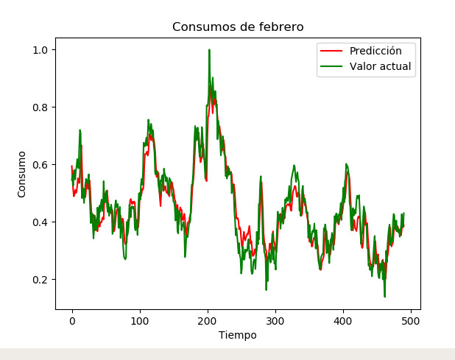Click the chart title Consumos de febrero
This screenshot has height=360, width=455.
click(x=238, y=27)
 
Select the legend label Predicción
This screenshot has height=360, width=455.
click(x=375, y=51)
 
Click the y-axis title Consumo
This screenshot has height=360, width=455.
click(x=22, y=174)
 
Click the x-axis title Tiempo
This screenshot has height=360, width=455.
click(x=238, y=335)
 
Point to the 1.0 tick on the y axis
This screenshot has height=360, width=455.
click(x=41, y=50)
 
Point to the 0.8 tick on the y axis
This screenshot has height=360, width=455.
click(x=41, y=107)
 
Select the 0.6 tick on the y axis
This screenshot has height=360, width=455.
click(x=41, y=165)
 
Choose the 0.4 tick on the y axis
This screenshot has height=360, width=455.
click(x=41, y=222)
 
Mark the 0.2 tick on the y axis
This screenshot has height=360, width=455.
click(x=41, y=280)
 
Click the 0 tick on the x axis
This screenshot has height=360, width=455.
click(x=72, y=321)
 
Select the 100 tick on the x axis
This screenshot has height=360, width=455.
click(x=140, y=321)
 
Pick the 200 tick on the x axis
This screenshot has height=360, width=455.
click(x=208, y=321)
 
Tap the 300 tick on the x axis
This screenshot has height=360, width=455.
click(x=275, y=321)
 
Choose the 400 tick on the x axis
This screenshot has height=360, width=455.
click(x=343, y=321)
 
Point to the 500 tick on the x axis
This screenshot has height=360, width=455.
click(x=411, y=321)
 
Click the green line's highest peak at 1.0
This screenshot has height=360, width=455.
click(x=209, y=50)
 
